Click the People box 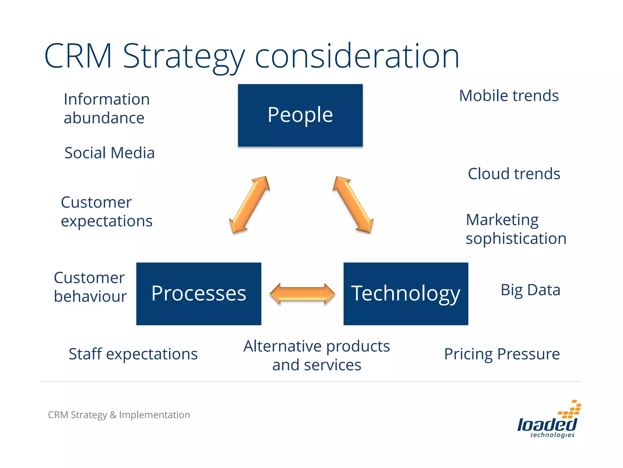pos(300,115)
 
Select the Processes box pos(199,294)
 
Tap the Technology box pos(405,294)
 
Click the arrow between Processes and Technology pos(302,294)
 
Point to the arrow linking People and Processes pos(249,205)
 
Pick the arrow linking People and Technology pos(353,205)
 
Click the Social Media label pos(110,153)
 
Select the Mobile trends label pos(509,96)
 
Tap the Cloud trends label pos(514,174)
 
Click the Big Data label pos(530,290)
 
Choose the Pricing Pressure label pos(502,354)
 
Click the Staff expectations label pos(133,354)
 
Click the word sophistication pos(516,238)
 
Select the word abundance pos(104,118)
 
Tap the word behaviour pos(90,296)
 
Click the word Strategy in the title pos(183,57)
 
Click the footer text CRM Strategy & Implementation pos(119,415)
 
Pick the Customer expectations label pos(106,211)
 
